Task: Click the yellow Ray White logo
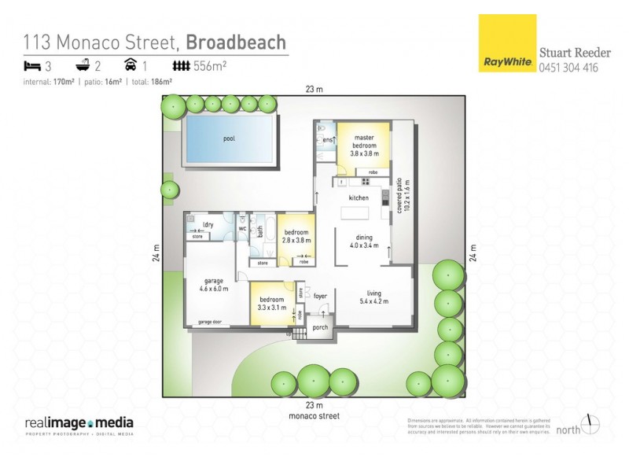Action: (506, 44)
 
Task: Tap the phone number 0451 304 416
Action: (568, 68)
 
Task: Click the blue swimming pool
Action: (229, 139)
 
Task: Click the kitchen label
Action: (359, 197)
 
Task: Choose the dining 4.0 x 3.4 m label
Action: (364, 242)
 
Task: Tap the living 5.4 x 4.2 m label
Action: (374, 298)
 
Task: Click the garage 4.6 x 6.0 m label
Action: (215, 285)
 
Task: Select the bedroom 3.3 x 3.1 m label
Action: (272, 303)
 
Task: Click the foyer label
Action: (320, 297)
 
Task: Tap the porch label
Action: (320, 327)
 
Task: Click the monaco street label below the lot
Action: (314, 415)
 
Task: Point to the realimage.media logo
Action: (79, 423)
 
